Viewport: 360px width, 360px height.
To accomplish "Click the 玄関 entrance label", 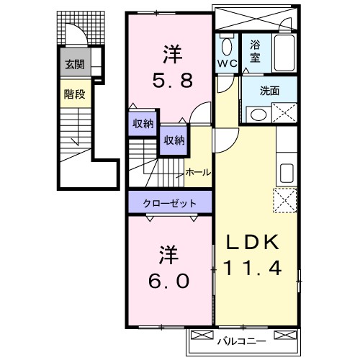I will (74, 65).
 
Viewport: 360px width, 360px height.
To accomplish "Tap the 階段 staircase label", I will (74, 94).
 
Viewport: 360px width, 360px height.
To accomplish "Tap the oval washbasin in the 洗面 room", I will (256, 114).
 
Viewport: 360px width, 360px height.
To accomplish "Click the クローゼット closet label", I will (169, 203).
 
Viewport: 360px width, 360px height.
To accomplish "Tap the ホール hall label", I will (198, 173).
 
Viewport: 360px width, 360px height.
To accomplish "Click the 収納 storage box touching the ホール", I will (173, 140).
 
